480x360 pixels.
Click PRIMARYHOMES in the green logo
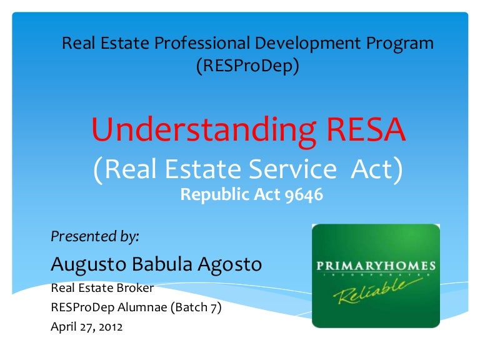pos(376,267)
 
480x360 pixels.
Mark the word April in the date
pos(62,326)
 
